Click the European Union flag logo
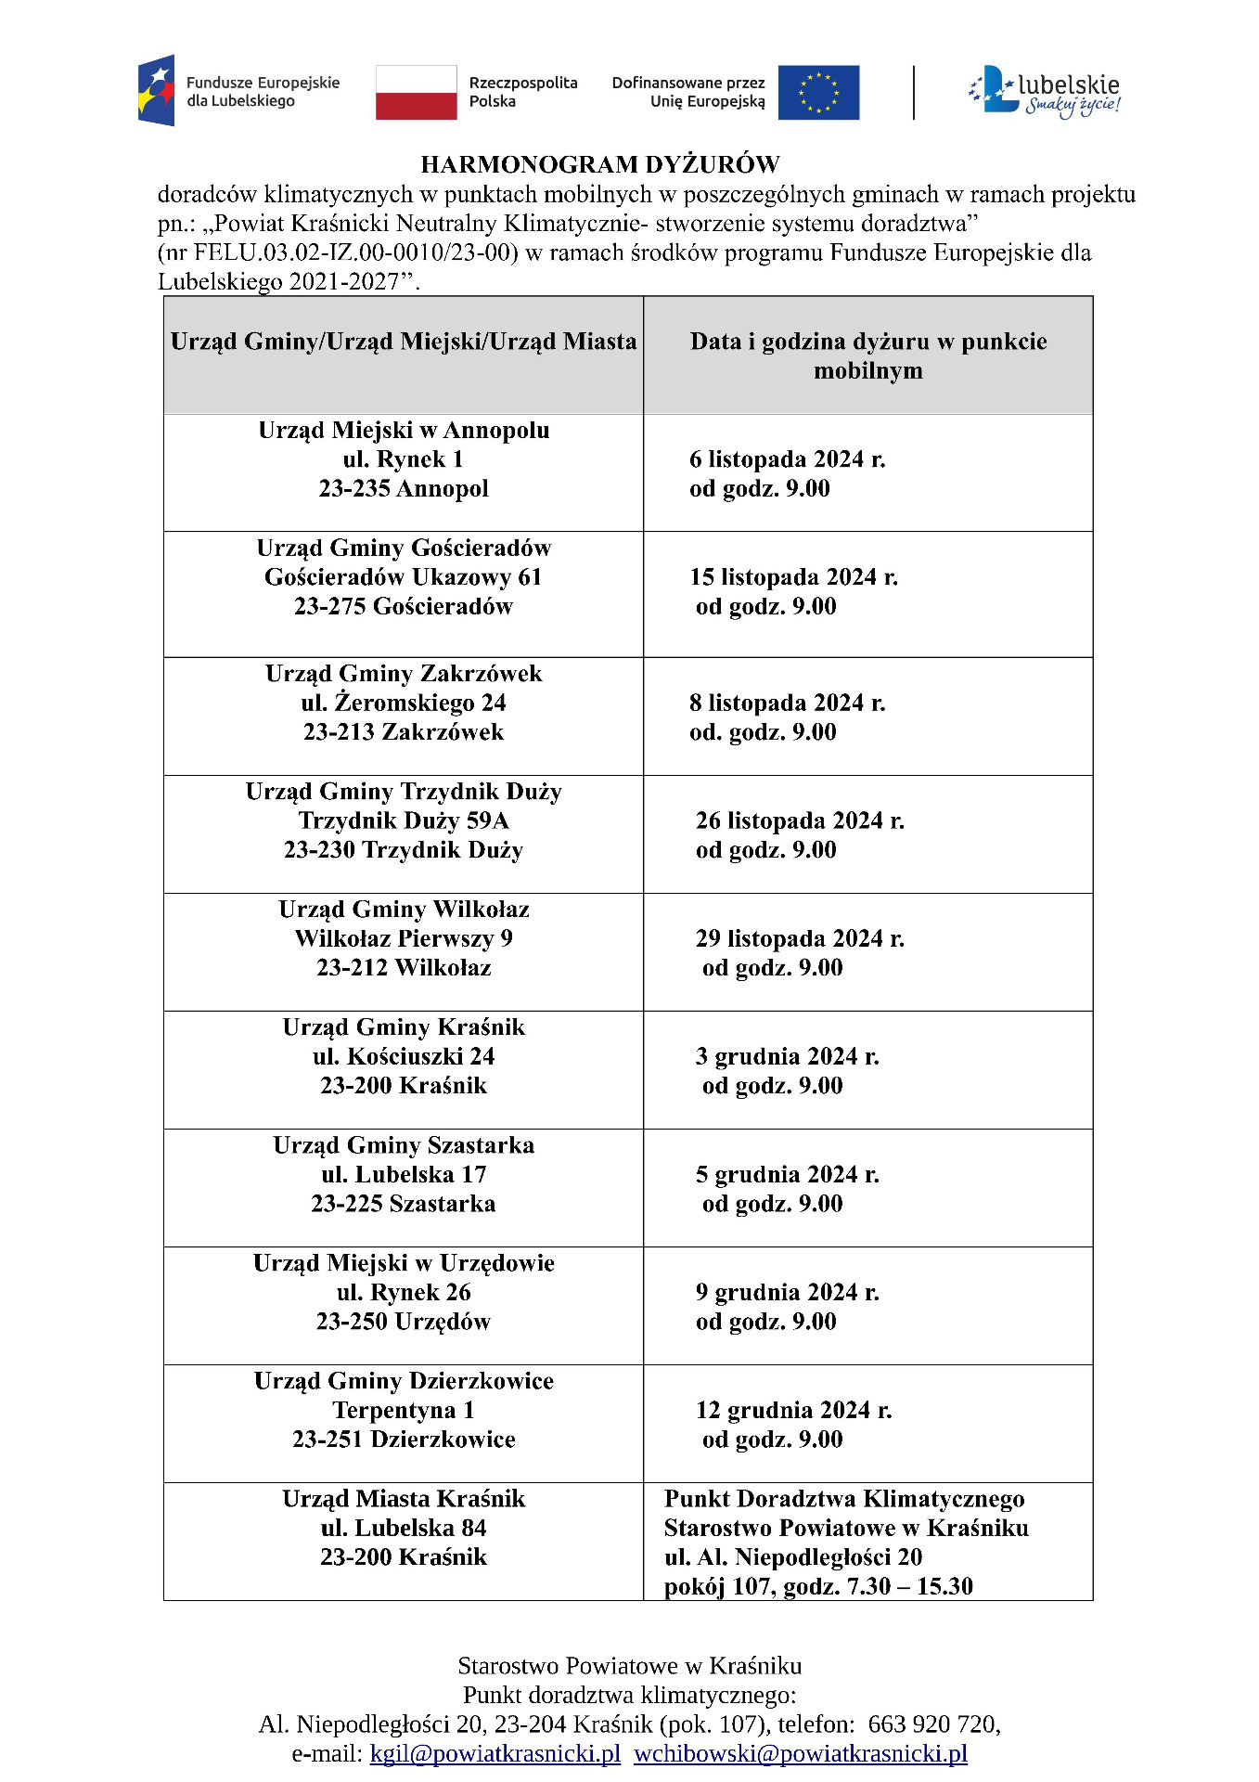coord(817,93)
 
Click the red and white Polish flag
coord(416,93)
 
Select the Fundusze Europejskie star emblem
coord(156,90)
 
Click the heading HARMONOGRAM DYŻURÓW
coord(599,164)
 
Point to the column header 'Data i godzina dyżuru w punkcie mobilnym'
coord(867,355)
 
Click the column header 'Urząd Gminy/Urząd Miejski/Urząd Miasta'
coord(404,342)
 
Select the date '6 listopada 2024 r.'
coord(787,459)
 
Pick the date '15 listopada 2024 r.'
coord(793,577)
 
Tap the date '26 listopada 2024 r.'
coord(800,820)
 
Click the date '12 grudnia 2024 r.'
coord(793,1410)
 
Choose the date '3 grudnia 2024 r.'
coord(787,1056)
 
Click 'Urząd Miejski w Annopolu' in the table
coord(404,430)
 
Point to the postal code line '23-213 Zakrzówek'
coord(404,732)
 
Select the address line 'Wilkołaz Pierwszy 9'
coord(404,938)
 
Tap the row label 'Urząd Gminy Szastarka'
coord(404,1145)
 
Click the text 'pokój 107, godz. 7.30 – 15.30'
coord(818,1586)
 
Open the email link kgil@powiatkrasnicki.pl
coord(495,1753)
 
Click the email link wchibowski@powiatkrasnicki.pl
coord(800,1753)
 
